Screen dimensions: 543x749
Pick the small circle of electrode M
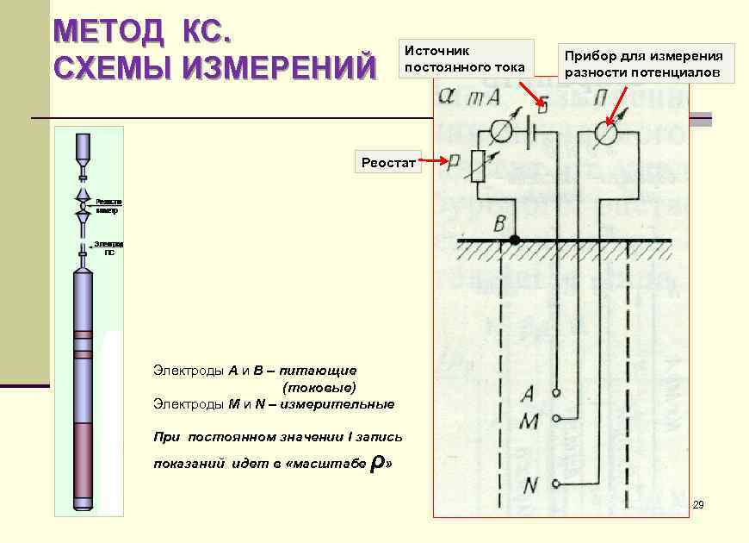point(558,420)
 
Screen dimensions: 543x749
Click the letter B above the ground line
point(499,226)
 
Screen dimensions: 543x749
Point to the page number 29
point(698,504)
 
